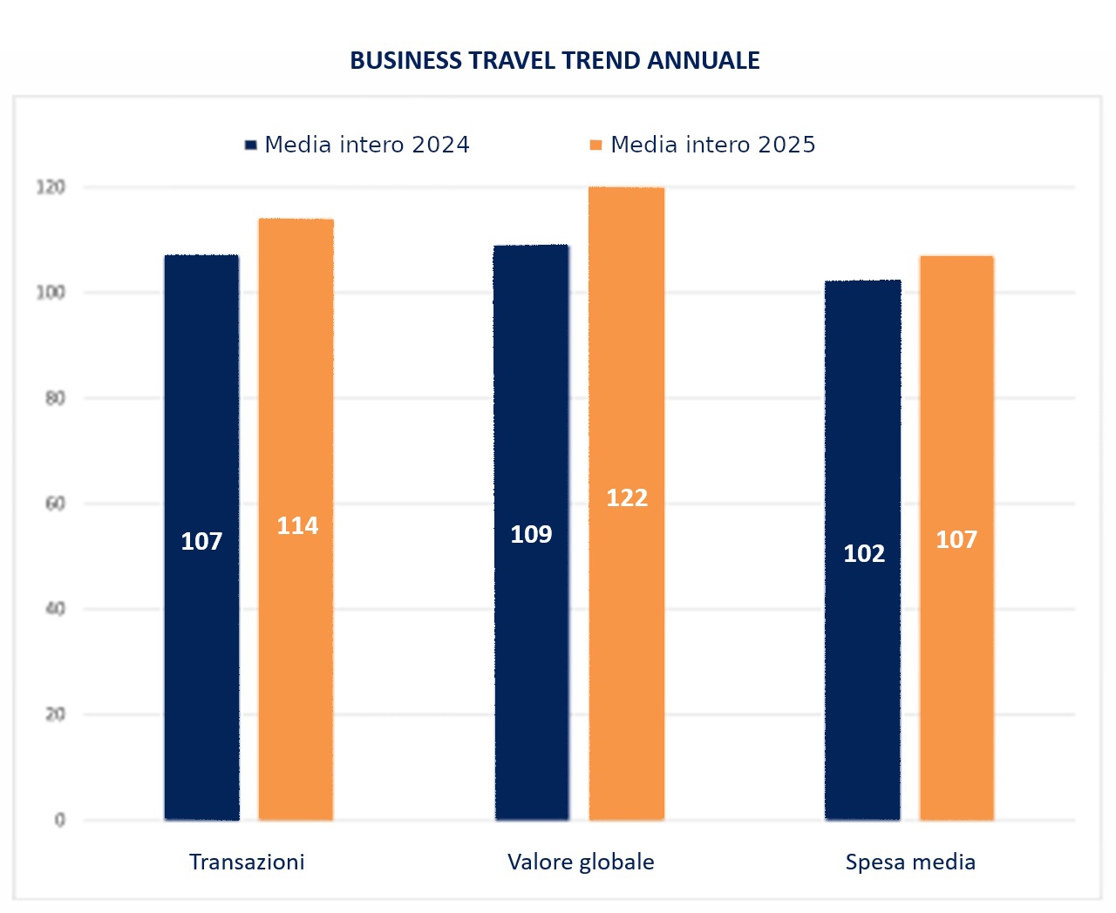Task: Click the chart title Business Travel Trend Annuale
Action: click(x=555, y=60)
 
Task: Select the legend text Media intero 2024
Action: click(x=366, y=145)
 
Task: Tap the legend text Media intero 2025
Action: click(x=712, y=145)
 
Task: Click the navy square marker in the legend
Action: click(x=251, y=145)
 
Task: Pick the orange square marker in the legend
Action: click(x=596, y=145)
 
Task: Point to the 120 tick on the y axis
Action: click(x=51, y=187)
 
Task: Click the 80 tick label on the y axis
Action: click(x=55, y=398)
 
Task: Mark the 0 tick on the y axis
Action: click(x=60, y=820)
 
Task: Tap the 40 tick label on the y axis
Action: click(x=55, y=609)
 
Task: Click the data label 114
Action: click(x=297, y=525)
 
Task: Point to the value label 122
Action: click(x=627, y=497)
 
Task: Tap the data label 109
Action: click(x=531, y=534)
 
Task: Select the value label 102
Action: click(x=864, y=553)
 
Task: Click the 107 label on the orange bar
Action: click(x=956, y=539)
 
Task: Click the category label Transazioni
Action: click(x=247, y=862)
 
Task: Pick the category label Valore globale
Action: click(x=581, y=862)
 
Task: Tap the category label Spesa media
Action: click(x=910, y=862)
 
